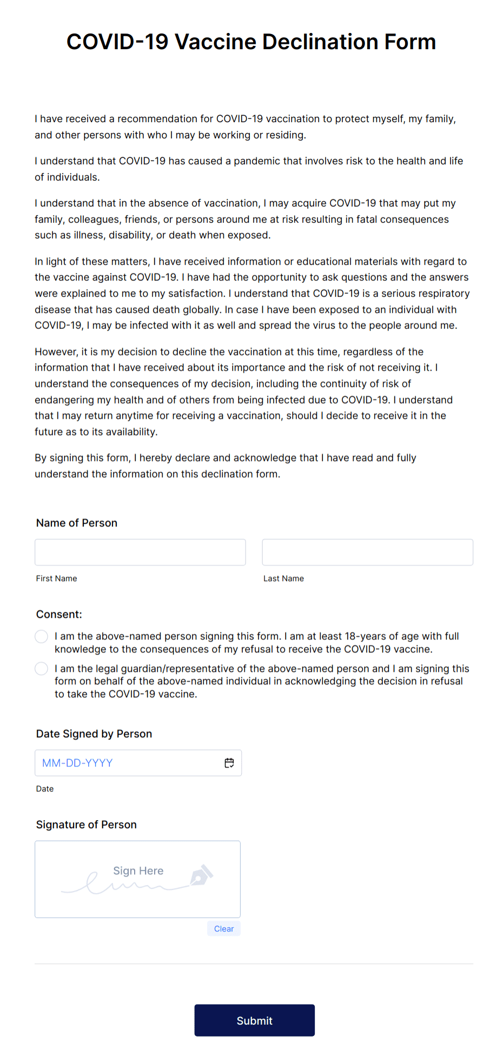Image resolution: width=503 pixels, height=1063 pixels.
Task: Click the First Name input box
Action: pyautogui.click(x=140, y=552)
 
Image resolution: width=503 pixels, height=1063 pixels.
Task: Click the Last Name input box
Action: pyautogui.click(x=367, y=552)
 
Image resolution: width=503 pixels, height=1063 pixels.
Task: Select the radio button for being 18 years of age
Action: pyautogui.click(x=42, y=637)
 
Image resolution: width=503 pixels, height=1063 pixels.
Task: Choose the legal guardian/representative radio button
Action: pyautogui.click(x=42, y=669)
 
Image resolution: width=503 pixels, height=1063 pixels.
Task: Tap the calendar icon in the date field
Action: pyautogui.click(x=229, y=763)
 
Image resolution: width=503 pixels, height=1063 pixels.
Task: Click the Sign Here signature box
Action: pyautogui.click(x=137, y=879)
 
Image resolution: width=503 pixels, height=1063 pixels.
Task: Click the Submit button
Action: pyautogui.click(x=254, y=1020)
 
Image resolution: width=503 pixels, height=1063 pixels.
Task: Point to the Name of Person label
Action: pyautogui.click(x=77, y=523)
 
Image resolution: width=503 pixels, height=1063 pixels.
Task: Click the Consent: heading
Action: pyautogui.click(x=59, y=615)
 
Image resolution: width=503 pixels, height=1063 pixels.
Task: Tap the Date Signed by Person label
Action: pyautogui.click(x=94, y=734)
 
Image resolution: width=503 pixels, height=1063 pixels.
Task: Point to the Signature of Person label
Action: pyautogui.click(x=87, y=825)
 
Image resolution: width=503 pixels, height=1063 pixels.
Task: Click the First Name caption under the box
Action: pyautogui.click(x=57, y=579)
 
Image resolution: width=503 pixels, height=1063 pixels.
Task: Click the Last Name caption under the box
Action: pyautogui.click(x=283, y=579)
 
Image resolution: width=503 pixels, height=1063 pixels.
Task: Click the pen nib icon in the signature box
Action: pyautogui.click(x=201, y=875)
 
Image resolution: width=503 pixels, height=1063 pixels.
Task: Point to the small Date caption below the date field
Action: pyautogui.click(x=45, y=789)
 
